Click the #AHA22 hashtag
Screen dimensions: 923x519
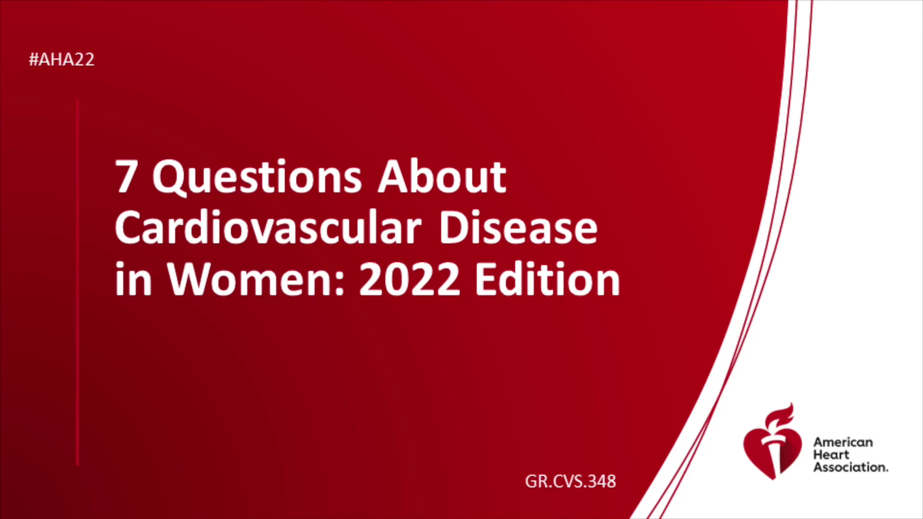(62, 60)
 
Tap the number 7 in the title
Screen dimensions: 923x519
(126, 177)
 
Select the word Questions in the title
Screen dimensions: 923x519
(257, 177)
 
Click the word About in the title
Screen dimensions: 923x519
(442, 176)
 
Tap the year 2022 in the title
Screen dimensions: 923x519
(410, 280)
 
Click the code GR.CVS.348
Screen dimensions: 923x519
(570, 482)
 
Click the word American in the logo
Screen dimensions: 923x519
(843, 442)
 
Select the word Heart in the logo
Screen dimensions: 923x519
(831, 455)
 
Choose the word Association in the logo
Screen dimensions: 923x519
(850, 467)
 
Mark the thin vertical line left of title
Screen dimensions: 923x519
(77, 282)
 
